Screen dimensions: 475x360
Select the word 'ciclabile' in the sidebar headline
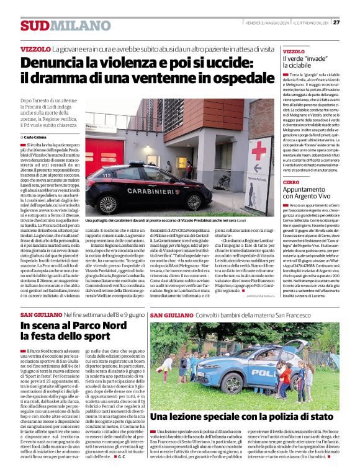click(297, 65)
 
